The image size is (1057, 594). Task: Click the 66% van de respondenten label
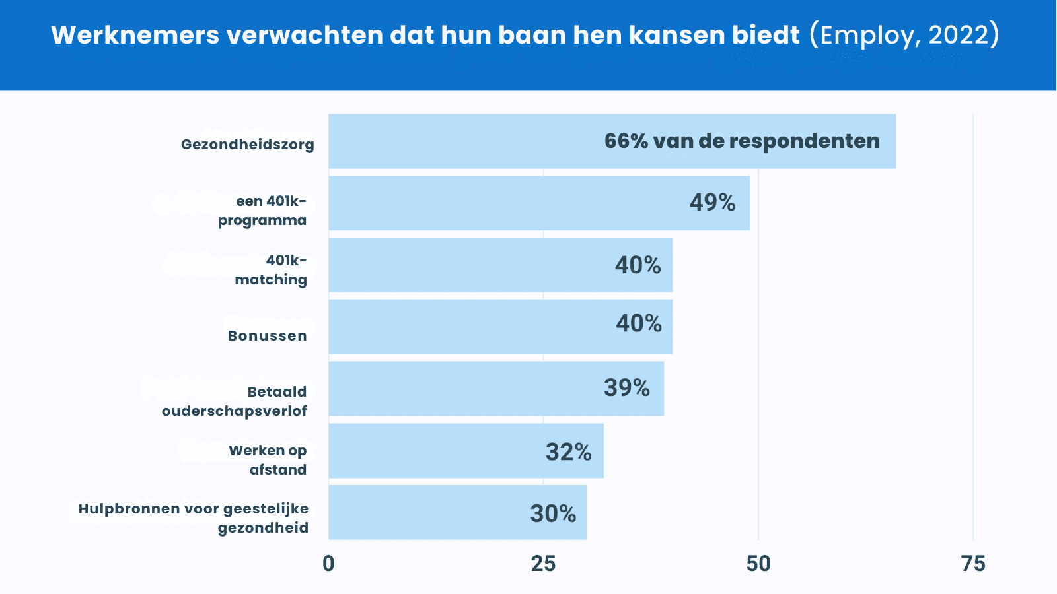[742, 141]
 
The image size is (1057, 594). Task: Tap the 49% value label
[712, 202]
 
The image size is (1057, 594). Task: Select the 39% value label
[626, 387]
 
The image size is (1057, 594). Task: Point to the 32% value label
[568, 452]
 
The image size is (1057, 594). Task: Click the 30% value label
[553, 513]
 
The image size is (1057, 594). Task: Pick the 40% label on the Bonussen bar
[638, 323]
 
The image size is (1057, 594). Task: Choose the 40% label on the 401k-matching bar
[638, 265]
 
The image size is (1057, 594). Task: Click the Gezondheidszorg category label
[248, 145]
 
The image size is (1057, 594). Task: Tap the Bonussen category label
[268, 336]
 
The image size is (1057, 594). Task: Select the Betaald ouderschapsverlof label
[235, 401]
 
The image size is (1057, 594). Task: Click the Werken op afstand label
[268, 460]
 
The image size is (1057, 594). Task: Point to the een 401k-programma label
[263, 211]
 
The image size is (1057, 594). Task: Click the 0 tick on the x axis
[328, 564]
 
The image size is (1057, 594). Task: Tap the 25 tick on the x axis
[543, 564]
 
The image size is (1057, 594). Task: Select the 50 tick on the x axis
[758, 564]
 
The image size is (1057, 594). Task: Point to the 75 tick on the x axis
[973, 564]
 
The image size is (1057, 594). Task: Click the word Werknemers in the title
[135, 35]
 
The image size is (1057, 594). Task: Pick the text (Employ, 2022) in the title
[904, 35]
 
